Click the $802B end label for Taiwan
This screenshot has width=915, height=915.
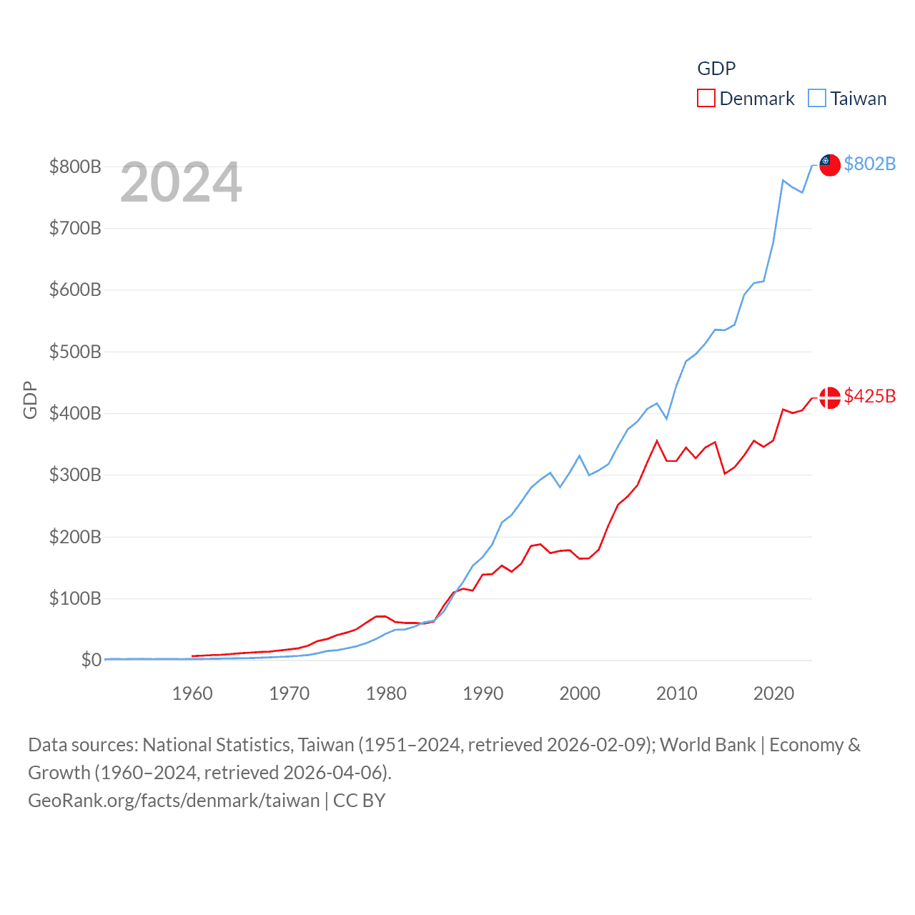click(x=869, y=164)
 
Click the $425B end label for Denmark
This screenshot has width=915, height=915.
click(x=869, y=396)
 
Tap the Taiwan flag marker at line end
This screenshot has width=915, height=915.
click(x=829, y=164)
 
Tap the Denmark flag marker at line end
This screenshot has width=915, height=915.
click(x=829, y=397)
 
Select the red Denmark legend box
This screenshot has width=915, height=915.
click(x=706, y=99)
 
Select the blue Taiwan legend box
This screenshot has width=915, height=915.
click(x=816, y=99)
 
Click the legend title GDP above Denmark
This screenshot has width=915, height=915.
click(x=716, y=69)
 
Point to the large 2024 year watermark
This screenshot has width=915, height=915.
click(x=181, y=182)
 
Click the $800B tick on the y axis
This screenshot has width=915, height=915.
click(x=75, y=167)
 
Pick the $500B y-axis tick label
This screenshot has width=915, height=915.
click(x=75, y=352)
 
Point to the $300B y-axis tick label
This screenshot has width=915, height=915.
click(x=75, y=475)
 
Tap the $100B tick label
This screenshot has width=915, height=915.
click(x=75, y=598)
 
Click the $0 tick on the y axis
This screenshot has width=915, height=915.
click(x=91, y=660)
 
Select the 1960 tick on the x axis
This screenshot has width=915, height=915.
click(x=192, y=693)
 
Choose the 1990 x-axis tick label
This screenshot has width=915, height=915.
click(x=483, y=693)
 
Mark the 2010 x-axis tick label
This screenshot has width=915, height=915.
click(x=677, y=693)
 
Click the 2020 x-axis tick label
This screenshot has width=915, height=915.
click(x=773, y=693)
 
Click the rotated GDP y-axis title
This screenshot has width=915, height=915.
click(x=30, y=400)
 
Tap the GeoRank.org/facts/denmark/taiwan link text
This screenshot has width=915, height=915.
click(x=174, y=801)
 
